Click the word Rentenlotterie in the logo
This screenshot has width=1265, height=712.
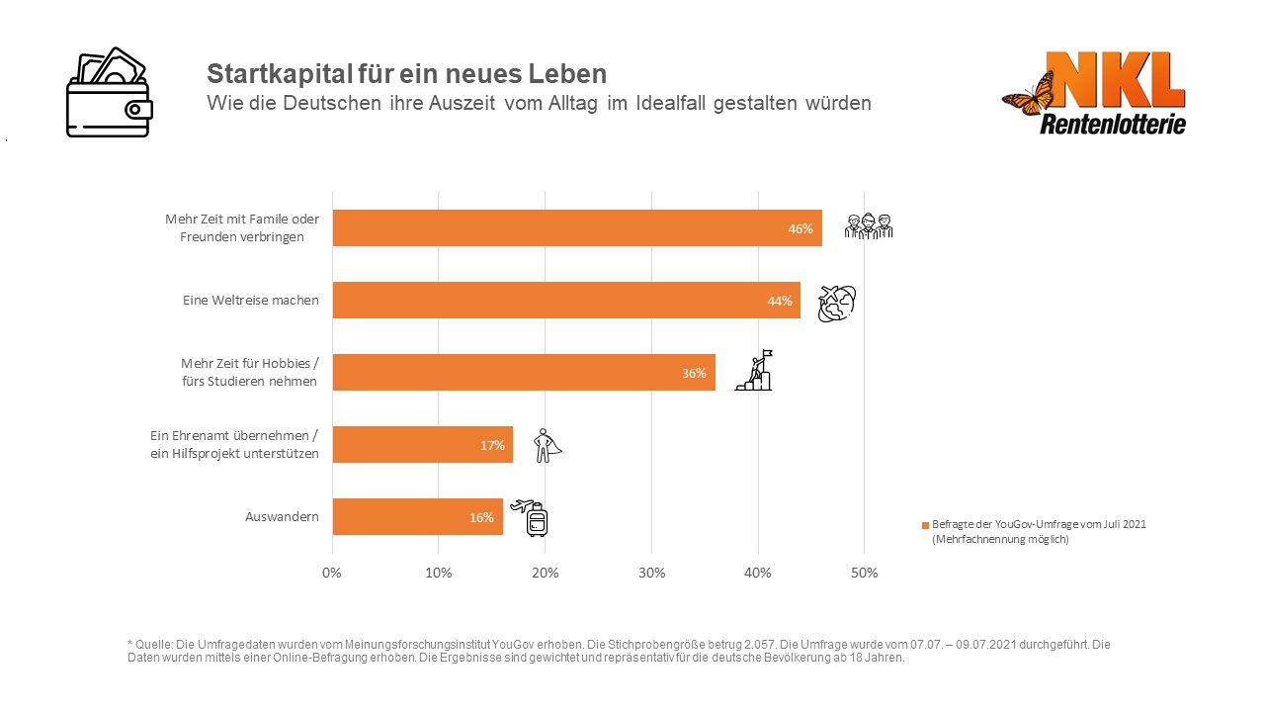[1113, 124]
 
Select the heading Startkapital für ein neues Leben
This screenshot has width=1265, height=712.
[406, 73]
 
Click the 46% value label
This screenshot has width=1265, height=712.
[800, 228]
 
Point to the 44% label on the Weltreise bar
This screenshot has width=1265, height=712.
[780, 301]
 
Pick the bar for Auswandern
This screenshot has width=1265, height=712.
[417, 517]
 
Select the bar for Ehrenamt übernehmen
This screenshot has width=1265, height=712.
[422, 445]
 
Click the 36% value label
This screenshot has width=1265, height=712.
[694, 373]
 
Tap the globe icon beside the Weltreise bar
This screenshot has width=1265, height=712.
[836, 304]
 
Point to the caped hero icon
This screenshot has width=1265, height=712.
[546, 446]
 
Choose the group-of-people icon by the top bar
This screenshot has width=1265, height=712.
[868, 226]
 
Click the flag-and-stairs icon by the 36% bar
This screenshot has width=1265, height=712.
[755, 371]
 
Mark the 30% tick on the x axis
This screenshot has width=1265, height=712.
[651, 573]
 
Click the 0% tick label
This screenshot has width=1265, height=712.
[332, 573]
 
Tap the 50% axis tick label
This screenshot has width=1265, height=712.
[864, 573]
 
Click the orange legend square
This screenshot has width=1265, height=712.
[925, 525]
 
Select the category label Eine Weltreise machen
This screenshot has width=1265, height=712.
[251, 301]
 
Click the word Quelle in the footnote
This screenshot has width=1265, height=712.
[153, 645]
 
